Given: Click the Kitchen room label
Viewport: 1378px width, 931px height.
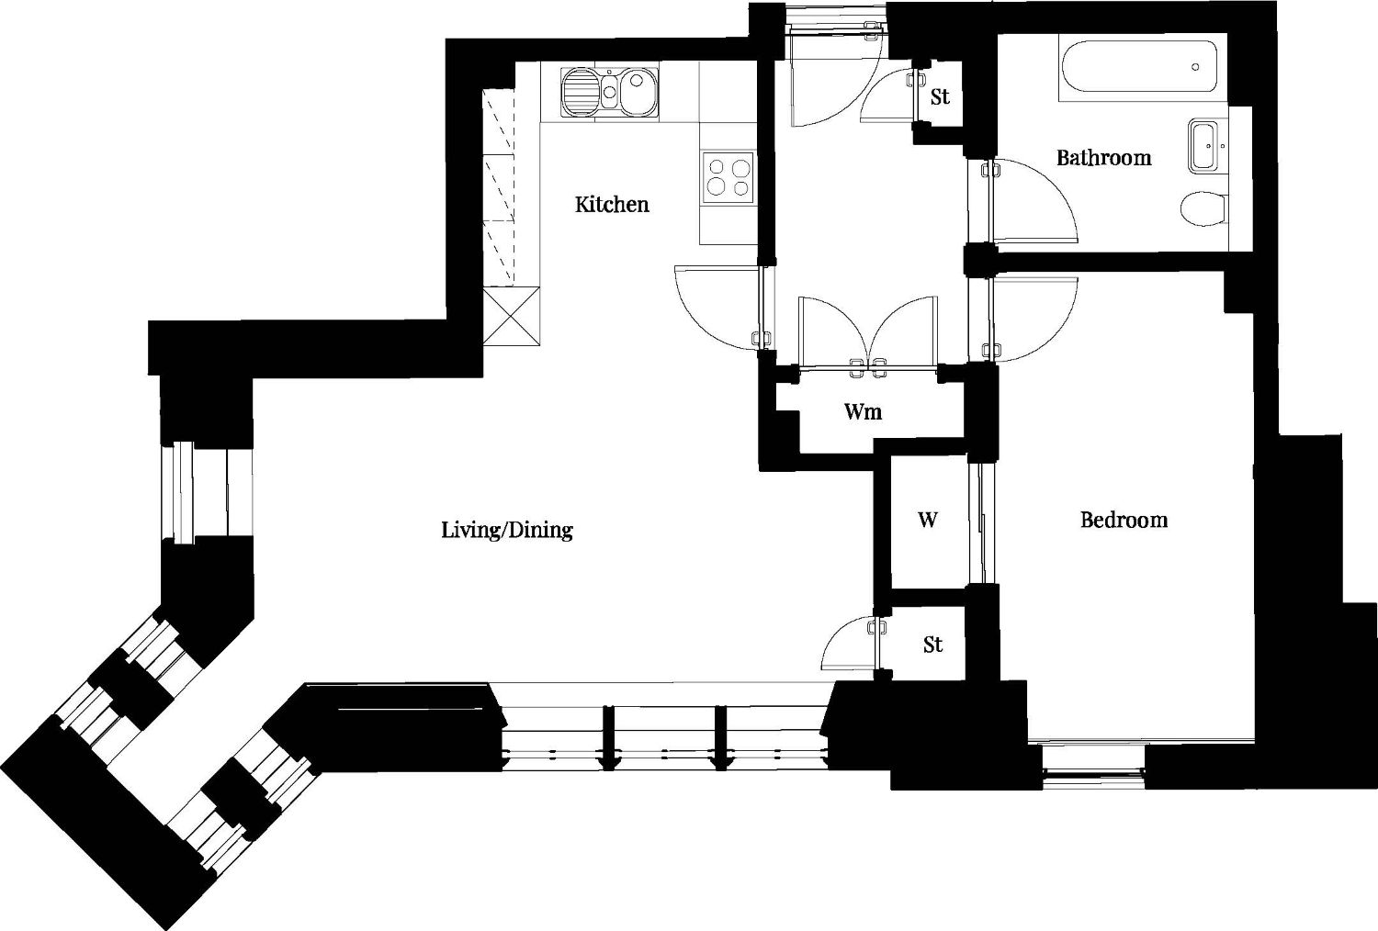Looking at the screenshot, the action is pos(612,204).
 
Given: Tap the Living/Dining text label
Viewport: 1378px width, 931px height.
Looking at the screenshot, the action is pos(507,530).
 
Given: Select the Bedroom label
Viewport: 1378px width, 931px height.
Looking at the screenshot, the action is pos(1124,521).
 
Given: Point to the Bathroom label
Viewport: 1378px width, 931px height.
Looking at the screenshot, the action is pos(1103,158).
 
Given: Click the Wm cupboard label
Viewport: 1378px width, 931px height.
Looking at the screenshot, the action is pos(864,411).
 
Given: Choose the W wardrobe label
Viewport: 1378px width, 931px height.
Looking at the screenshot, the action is pos(928,521).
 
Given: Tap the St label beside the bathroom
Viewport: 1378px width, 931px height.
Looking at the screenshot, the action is pos(940,96).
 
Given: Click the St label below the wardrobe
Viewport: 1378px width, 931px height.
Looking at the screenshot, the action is pos(932,645).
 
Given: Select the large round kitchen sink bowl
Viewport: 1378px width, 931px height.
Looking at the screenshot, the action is pos(638,92).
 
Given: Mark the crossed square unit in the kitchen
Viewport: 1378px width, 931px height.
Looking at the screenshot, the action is pos(511,316).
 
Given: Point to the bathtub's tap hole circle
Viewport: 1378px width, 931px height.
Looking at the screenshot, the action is pos(1195,66).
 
